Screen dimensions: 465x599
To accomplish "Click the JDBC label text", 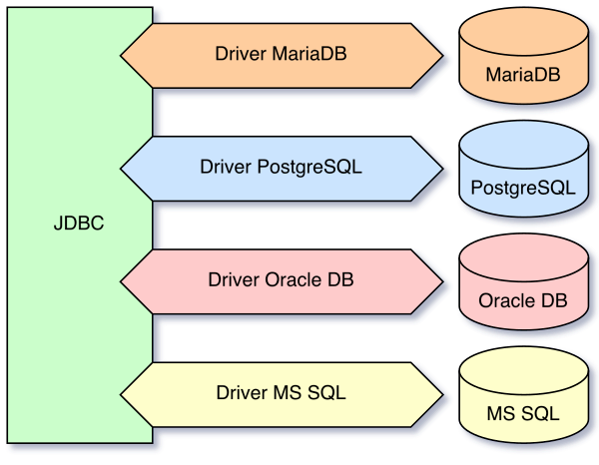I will (x=78, y=225).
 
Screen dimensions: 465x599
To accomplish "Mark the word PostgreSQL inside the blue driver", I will (x=309, y=167).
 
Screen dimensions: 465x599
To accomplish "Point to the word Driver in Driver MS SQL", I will (x=242, y=392).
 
